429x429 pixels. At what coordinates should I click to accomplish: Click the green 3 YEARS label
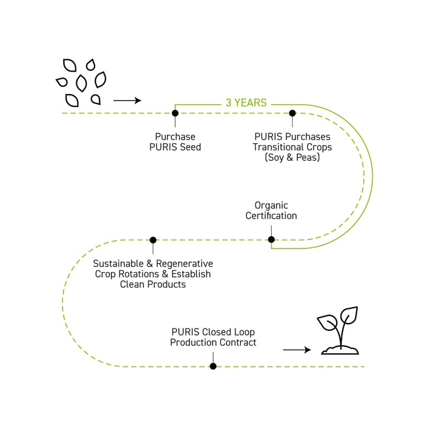pyautogui.click(x=246, y=103)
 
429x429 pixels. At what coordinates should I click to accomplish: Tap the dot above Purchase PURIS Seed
pyautogui.click(x=175, y=112)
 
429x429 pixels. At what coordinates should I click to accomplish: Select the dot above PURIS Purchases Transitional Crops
pyautogui.click(x=292, y=112)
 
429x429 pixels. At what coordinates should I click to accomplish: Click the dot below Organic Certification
pyautogui.click(x=271, y=240)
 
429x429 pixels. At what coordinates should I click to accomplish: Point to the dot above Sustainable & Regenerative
pyautogui.click(x=153, y=240)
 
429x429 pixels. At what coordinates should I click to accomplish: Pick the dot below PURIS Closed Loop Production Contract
pyautogui.click(x=213, y=366)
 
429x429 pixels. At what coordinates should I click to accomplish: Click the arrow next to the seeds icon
pyautogui.click(x=127, y=101)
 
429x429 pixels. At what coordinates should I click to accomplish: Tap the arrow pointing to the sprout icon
pyautogui.click(x=297, y=350)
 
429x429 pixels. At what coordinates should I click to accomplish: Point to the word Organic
pyautogui.click(x=271, y=205)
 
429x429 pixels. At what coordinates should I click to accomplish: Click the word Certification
pyautogui.click(x=271, y=216)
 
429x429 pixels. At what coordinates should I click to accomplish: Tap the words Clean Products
pyautogui.click(x=153, y=285)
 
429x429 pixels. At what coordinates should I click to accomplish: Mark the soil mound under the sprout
pyautogui.click(x=340, y=350)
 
